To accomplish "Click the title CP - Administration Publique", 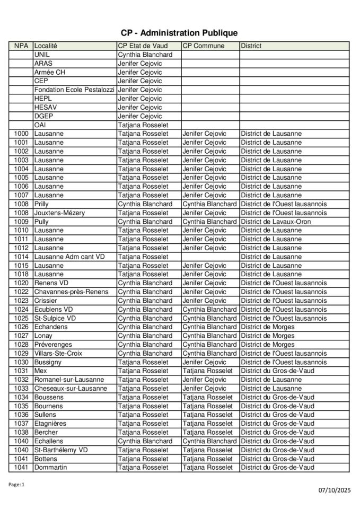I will tap(179, 33).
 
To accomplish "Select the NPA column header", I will tap(21, 46).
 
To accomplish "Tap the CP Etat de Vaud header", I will tap(143, 46).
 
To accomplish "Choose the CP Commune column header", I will tap(204, 46).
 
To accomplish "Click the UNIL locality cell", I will tap(43, 55).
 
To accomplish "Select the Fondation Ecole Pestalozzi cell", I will tap(74, 90).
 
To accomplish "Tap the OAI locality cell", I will tap(40, 125).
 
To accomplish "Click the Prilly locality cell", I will tap(41, 204).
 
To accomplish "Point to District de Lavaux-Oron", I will tap(276, 222).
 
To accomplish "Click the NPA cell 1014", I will tap(21, 257).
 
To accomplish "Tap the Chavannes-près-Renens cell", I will tap(71, 292).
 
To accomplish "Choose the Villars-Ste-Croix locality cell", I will tap(58, 353).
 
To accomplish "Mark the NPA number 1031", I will tap(21, 371).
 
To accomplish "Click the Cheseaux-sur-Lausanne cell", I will tap(71, 389).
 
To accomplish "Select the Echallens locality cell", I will tap(49, 441).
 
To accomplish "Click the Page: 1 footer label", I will tap(16, 484).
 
